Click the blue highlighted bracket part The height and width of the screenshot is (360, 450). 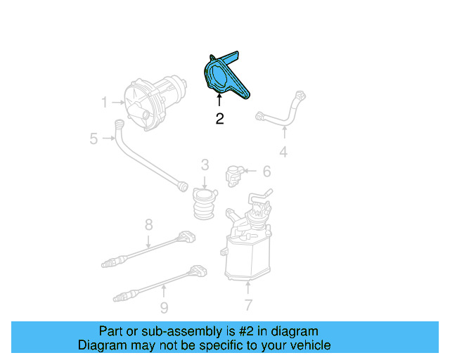224,77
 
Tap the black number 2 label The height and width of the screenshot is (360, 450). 219,119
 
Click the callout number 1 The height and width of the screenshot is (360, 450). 104,103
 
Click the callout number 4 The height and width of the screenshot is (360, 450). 283,151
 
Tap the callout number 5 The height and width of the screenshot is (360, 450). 94,139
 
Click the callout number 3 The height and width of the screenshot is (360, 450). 205,165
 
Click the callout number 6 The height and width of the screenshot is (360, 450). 266,172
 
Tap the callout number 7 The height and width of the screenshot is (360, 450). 247,305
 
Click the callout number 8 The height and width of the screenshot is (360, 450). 148,225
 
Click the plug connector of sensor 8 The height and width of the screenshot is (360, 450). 186,235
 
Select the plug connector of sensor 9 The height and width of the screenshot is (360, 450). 199,271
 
